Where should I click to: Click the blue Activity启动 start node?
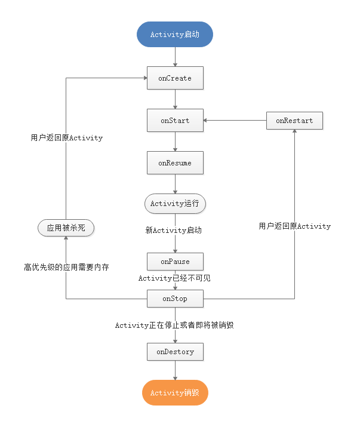point(175,35)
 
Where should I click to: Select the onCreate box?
point(175,78)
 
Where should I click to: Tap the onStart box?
point(175,121)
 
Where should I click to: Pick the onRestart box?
point(294,121)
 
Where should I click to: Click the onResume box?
point(175,162)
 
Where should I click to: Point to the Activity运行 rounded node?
point(175,204)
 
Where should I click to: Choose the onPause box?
point(175,262)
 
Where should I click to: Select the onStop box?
point(175,298)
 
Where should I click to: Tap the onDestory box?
point(175,352)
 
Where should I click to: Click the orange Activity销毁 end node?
point(175,393)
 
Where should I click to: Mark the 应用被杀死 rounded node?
point(66,228)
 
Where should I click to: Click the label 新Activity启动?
point(174,230)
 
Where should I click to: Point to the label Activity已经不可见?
point(174,278)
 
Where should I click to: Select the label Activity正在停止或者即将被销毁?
point(178,325)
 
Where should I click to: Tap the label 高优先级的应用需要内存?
point(66,267)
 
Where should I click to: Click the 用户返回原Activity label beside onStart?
point(66,138)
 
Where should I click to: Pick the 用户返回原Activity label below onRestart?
point(294,226)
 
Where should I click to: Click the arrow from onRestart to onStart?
point(235,121)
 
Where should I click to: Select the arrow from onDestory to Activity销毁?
point(175,370)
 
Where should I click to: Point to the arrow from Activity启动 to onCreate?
point(175,56)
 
